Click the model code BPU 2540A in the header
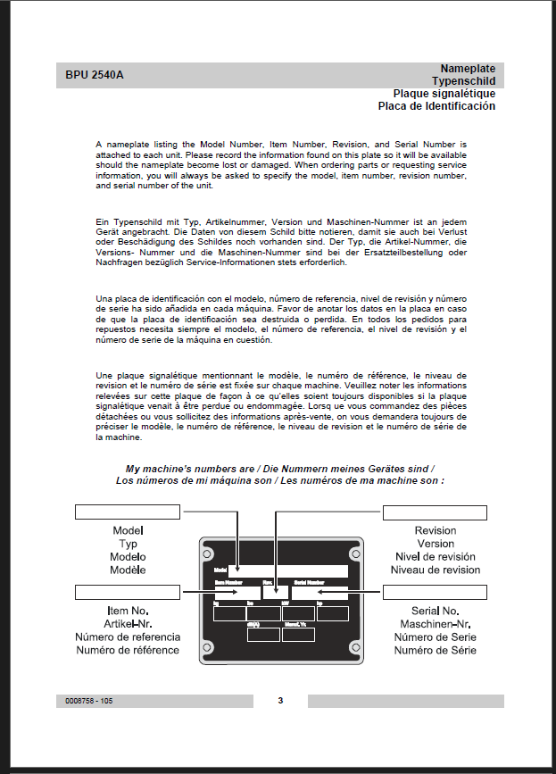click(95, 75)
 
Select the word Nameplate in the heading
click(468, 69)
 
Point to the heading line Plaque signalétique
click(444, 94)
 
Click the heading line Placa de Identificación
click(436, 106)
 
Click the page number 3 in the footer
click(280, 701)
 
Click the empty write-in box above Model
click(128, 512)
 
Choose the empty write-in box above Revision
click(435, 512)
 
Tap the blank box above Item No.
click(128, 592)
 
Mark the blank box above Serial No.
click(435, 592)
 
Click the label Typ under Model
click(128, 544)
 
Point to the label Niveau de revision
click(436, 570)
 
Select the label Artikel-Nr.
click(128, 623)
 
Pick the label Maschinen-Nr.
click(436, 623)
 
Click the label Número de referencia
click(128, 637)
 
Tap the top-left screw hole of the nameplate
click(208, 554)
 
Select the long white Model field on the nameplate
click(288, 570)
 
